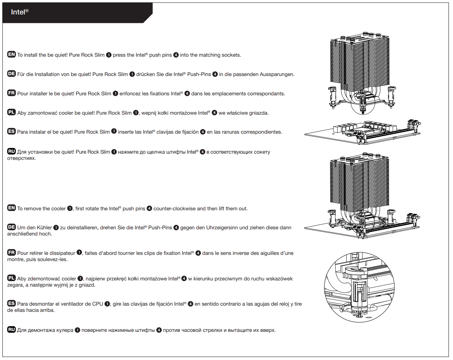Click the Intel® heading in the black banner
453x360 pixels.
pyautogui.click(x=20, y=12)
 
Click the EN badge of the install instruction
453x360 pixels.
pyautogui.click(x=11, y=54)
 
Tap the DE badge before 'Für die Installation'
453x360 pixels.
pyautogui.click(x=11, y=74)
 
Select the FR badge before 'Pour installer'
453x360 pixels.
pyautogui.click(x=11, y=93)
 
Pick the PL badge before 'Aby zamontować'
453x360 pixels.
pyautogui.click(x=11, y=112)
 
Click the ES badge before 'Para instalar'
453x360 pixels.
pyautogui.click(x=11, y=132)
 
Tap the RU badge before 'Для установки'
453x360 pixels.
pyautogui.click(x=11, y=151)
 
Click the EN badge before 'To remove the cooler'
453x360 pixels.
pyautogui.click(x=11, y=208)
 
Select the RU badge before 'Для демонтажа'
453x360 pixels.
pyautogui.click(x=11, y=330)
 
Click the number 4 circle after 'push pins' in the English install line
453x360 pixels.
pyautogui.click(x=176, y=55)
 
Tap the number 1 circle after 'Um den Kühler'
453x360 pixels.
pyautogui.click(x=56, y=228)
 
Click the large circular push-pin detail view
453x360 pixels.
pyautogui.click(x=359, y=287)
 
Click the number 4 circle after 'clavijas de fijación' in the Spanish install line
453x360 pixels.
pyautogui.click(x=203, y=132)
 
